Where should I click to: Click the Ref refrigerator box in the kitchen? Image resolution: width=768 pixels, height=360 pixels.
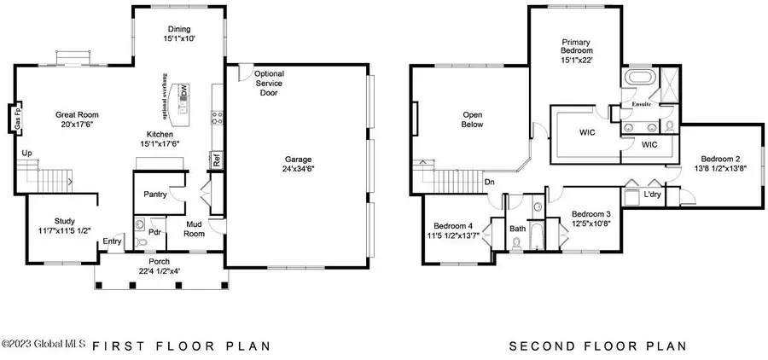click(216, 159)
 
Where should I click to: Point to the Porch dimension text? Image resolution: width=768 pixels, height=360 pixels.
click(160, 267)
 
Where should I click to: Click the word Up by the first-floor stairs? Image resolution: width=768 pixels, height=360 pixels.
click(26, 154)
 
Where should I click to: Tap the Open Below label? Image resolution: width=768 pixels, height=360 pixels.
click(473, 119)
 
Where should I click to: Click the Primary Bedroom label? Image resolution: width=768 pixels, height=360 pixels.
click(576, 51)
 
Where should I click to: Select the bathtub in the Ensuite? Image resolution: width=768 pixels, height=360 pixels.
click(636, 81)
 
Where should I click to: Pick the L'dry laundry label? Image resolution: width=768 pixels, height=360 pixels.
click(652, 195)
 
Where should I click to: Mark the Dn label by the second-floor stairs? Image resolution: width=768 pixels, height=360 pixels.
click(489, 181)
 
